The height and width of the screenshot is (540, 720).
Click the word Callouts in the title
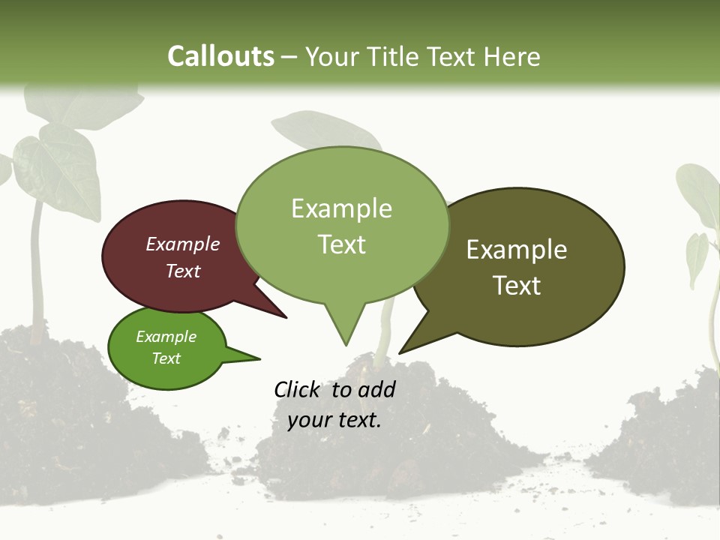[x=220, y=56]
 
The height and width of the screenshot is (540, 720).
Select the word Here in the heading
[x=513, y=56]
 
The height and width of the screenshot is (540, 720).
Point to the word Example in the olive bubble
[x=517, y=249]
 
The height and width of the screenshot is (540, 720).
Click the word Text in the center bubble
[x=342, y=244]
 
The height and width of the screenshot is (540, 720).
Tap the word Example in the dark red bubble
[x=182, y=244]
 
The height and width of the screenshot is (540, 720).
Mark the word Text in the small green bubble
[x=166, y=358]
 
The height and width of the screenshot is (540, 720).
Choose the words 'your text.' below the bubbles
[x=334, y=420]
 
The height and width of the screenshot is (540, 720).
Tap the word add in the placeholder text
[x=376, y=389]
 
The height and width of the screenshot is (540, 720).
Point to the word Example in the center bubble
[x=342, y=208]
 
